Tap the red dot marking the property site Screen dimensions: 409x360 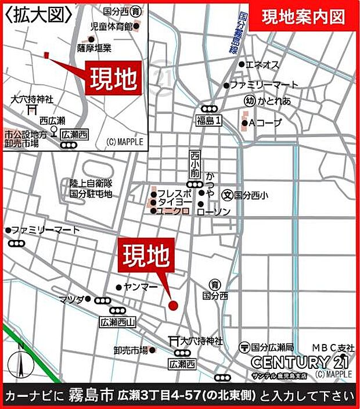click(x=172, y=304)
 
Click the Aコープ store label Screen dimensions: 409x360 click(x=265, y=123)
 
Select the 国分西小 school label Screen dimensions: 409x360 click(x=251, y=196)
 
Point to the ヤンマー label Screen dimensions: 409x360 click(x=137, y=286)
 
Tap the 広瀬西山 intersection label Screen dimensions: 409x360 click(x=117, y=321)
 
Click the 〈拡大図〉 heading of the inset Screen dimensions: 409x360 click(x=38, y=12)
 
